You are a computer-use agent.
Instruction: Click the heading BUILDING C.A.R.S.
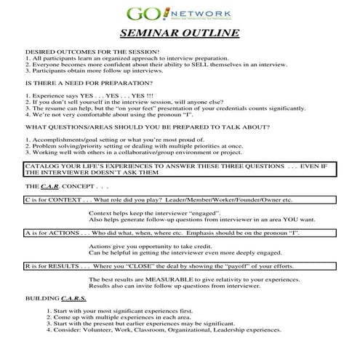[x=56, y=299]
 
